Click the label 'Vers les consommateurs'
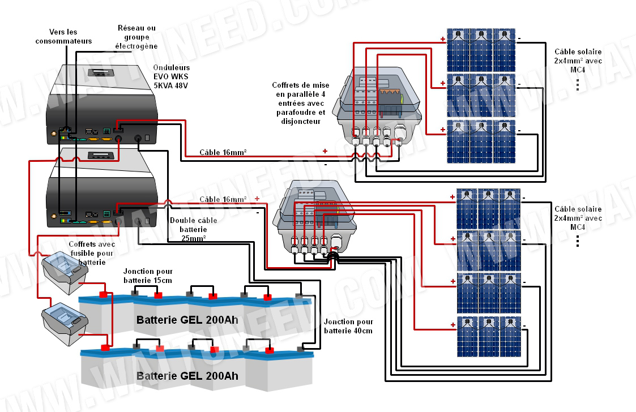(x=63, y=36)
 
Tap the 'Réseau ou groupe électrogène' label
(x=136, y=37)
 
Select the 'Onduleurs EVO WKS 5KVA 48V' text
(x=170, y=77)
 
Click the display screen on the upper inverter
(x=103, y=74)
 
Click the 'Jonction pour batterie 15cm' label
(x=148, y=276)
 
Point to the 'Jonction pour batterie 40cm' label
(x=348, y=326)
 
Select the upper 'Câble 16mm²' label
(x=223, y=153)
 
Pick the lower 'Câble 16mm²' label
(x=223, y=200)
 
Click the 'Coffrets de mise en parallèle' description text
(x=300, y=103)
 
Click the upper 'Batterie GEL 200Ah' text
(x=187, y=320)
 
